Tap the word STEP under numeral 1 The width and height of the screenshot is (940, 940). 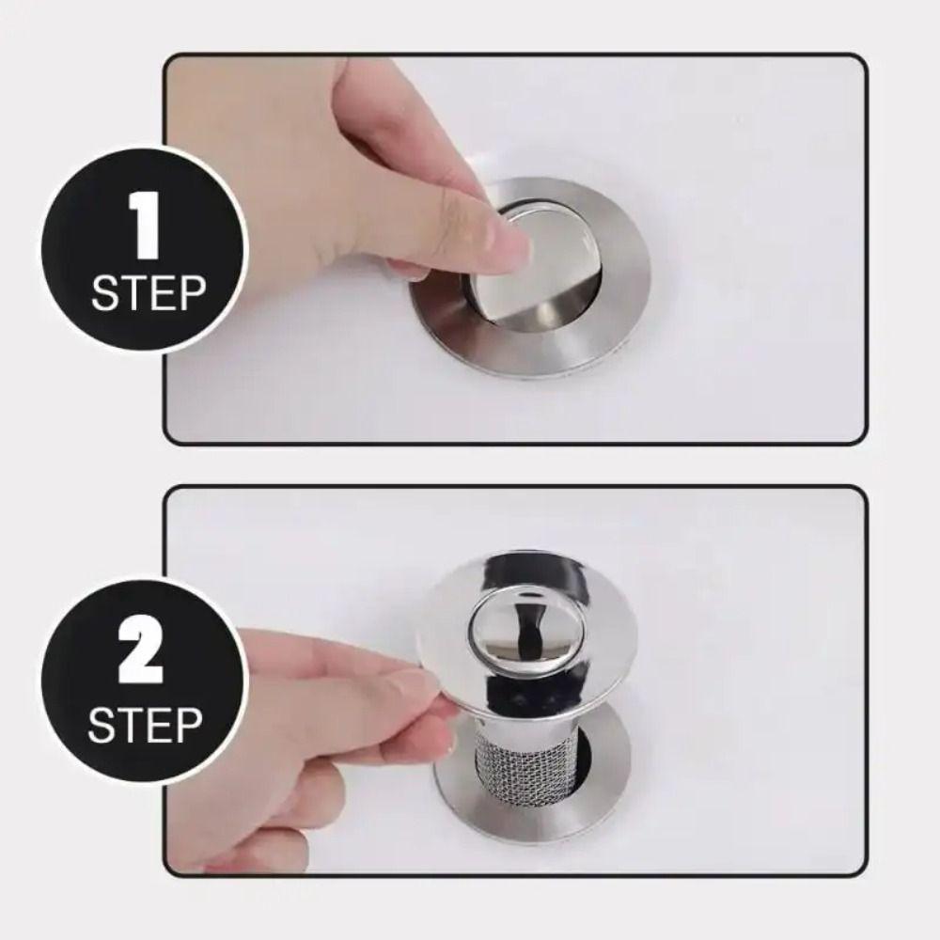pyautogui.click(x=148, y=294)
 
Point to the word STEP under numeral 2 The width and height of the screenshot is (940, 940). pyautogui.click(x=146, y=725)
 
